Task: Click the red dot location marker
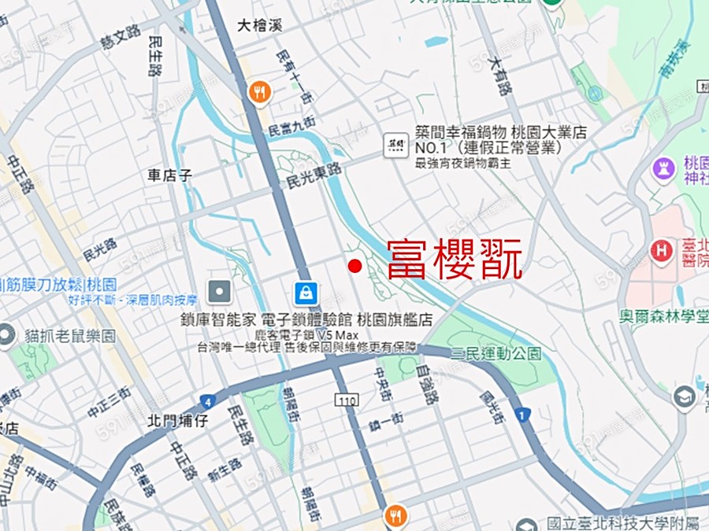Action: [354, 266]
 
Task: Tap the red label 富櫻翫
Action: [455, 260]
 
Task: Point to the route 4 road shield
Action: [207, 400]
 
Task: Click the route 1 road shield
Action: [521, 414]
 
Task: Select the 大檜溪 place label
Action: [259, 26]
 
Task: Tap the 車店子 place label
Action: [169, 174]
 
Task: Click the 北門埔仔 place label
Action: [177, 421]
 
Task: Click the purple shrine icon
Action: [663, 168]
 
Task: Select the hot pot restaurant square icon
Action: [395, 144]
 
